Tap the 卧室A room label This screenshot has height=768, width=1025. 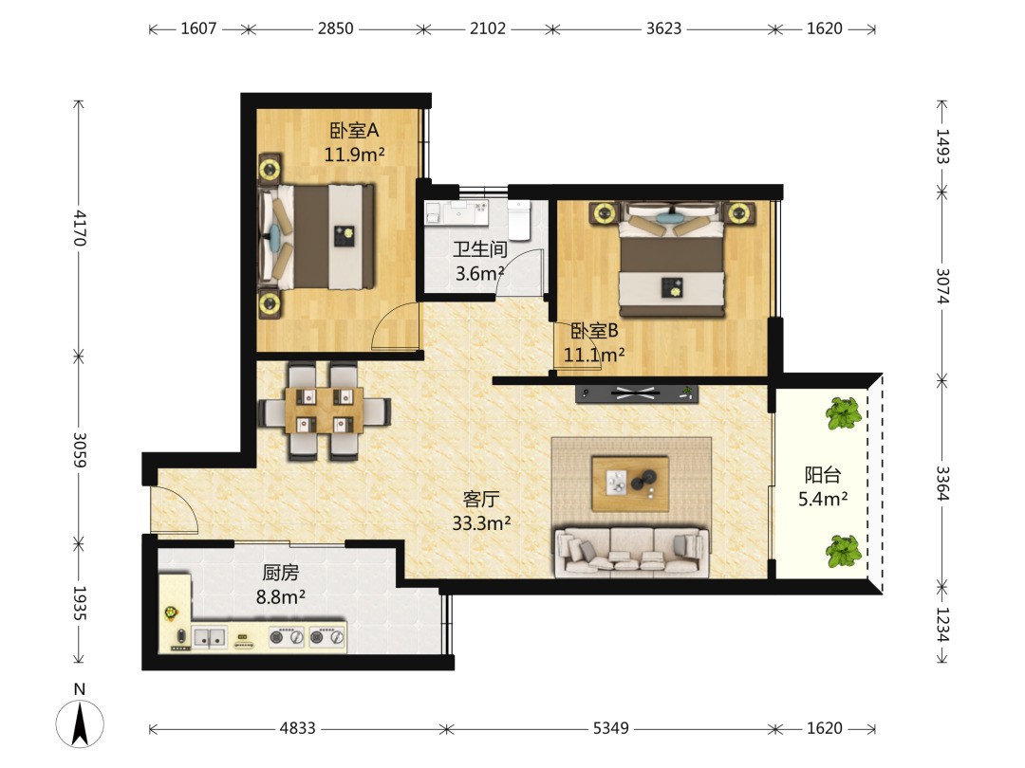[354, 131]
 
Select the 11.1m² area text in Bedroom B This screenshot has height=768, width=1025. [594, 356]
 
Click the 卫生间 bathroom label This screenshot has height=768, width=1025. [480, 249]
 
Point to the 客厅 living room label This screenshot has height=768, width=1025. [481, 500]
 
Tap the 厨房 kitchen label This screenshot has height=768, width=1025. [280, 573]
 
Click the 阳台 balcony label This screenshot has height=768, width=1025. [823, 475]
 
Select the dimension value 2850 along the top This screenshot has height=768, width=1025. [336, 28]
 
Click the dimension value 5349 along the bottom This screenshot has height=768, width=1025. [610, 728]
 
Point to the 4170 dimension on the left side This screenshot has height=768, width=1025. [79, 228]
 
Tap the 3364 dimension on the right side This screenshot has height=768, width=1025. [942, 484]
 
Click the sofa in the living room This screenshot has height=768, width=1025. [631, 553]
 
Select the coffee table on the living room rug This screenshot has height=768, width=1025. [630, 484]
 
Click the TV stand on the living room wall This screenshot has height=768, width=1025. [637, 393]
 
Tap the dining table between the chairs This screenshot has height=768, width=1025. [324, 411]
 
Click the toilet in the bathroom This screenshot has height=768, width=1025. [520, 219]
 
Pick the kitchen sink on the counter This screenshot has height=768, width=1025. [209, 637]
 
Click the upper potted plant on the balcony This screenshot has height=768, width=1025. [843, 412]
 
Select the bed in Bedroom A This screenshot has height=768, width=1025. [318, 236]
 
